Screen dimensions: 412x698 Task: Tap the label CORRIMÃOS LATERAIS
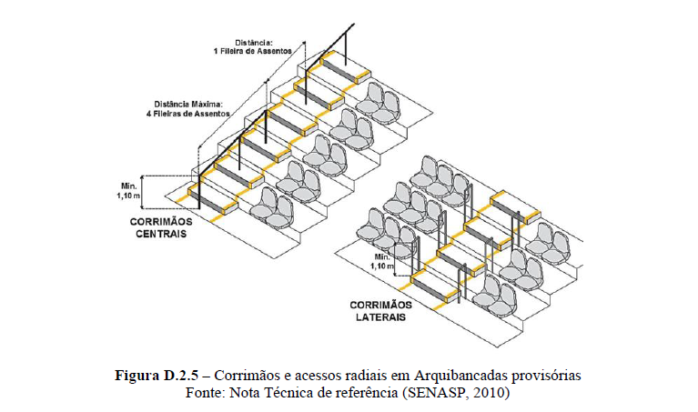coord(381,310)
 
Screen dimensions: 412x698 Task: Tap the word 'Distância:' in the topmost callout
coord(255,41)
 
